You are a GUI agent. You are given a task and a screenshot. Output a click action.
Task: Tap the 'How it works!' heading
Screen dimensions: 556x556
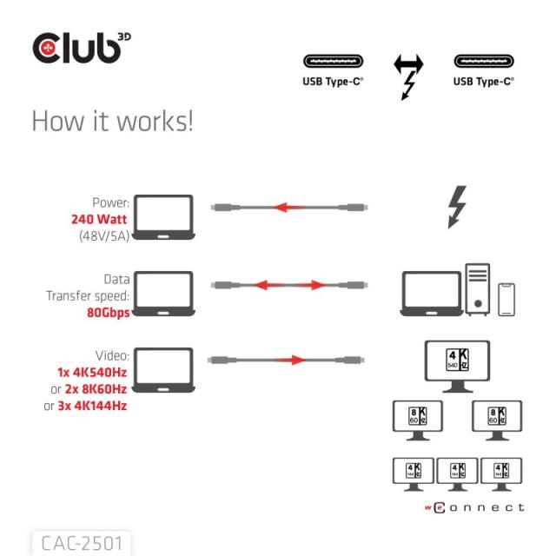112,121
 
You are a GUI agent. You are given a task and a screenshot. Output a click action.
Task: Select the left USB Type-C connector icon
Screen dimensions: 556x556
333,62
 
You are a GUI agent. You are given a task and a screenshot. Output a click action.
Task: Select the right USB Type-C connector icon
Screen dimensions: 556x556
483,62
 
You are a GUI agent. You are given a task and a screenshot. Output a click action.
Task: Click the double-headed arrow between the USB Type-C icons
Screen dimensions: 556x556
407,64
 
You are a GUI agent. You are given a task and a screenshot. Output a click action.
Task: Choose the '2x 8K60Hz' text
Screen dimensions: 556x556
102,388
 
